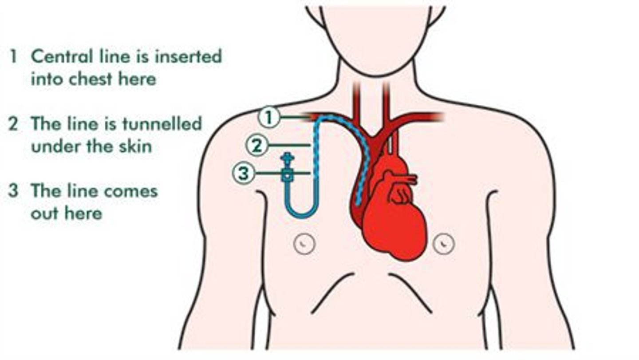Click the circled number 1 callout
click(x=269, y=117)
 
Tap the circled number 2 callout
click(x=257, y=145)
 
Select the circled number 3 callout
click(x=243, y=173)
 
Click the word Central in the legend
click(x=62, y=56)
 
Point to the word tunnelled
click(x=162, y=123)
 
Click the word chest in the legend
click(x=91, y=79)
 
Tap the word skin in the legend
click(x=135, y=146)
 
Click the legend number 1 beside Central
click(x=13, y=56)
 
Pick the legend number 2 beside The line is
click(x=13, y=123)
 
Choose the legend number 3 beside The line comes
click(x=13, y=191)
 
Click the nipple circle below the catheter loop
click(x=304, y=243)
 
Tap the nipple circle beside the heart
click(x=444, y=243)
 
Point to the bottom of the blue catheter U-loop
click(x=302, y=217)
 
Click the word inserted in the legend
click(x=188, y=56)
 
